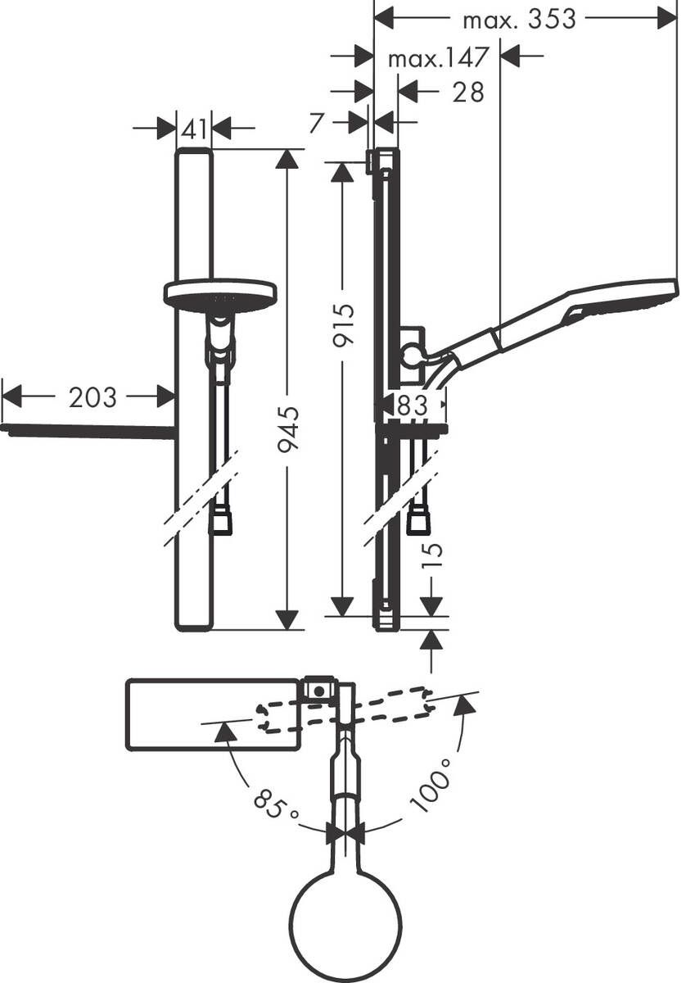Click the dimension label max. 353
coord(519,19)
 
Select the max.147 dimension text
coord(438,58)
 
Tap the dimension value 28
coord(467,92)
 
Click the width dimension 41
coord(194,129)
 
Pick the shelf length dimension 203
coord(93,398)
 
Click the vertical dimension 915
coord(344,325)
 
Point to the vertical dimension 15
coord(433,559)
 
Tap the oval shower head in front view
coord(220,293)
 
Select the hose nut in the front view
coord(220,522)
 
